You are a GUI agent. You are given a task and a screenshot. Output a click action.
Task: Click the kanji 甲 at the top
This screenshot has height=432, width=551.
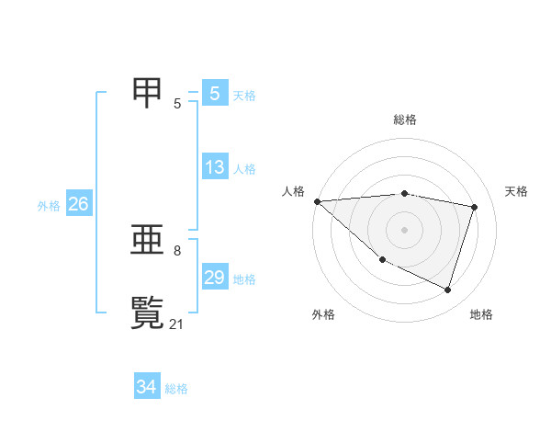coord(148,93)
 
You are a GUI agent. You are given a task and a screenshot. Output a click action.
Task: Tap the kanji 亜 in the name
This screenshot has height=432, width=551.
coord(148,241)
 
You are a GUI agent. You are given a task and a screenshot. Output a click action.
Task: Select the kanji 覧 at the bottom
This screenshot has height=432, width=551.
coord(148,313)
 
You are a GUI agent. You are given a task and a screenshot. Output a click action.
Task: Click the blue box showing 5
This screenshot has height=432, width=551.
coord(215,94)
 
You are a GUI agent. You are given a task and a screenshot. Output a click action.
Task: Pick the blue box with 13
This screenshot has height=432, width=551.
coord(215,167)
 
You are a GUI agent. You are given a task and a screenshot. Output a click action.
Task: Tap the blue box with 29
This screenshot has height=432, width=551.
coord(215,278)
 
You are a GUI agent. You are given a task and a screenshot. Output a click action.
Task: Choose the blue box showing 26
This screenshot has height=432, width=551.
coord(78,204)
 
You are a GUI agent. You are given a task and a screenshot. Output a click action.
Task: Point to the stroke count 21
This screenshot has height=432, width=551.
coord(177,324)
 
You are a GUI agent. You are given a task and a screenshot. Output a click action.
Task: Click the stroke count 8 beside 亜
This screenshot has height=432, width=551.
coord(177,250)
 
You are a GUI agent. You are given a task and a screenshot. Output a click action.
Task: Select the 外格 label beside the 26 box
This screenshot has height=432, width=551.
coord(49,206)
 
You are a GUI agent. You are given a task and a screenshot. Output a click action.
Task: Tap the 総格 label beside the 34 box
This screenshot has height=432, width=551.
coord(176,389)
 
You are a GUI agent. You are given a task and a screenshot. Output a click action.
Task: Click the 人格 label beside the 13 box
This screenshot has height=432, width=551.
coord(244,169)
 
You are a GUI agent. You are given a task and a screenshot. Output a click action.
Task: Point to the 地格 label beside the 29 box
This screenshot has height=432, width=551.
coord(244,279)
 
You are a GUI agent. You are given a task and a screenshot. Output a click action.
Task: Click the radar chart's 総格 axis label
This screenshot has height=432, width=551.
coord(405,119)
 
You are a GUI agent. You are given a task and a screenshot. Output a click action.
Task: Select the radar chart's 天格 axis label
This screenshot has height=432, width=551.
coord(517,191)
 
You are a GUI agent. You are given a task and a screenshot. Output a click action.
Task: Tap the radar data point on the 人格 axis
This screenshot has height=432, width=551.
coord(317,201)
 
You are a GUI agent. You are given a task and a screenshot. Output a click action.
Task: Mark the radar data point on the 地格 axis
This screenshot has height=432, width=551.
coord(447,290)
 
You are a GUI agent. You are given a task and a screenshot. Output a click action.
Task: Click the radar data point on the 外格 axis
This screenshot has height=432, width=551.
coord(382,260)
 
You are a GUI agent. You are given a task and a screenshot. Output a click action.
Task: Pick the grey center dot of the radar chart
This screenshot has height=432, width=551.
coord(404,229)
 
